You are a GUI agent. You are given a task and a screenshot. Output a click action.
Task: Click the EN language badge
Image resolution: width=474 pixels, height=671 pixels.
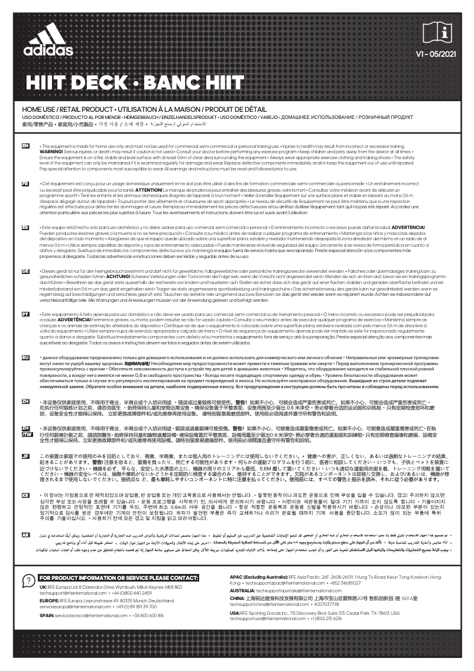coord(25,145)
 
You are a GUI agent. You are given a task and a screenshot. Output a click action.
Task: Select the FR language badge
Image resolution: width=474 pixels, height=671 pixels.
coord(25,185)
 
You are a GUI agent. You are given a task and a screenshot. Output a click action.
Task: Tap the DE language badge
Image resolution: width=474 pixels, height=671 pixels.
coord(25,271)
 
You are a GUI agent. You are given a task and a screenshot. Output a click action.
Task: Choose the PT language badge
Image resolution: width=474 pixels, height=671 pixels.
coord(25,314)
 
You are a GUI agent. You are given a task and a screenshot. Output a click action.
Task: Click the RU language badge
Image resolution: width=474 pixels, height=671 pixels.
coord(25,357)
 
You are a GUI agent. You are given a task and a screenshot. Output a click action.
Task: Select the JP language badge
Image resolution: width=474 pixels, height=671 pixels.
coord(25,456)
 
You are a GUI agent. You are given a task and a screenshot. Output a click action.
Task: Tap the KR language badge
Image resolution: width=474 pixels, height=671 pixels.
coord(25,495)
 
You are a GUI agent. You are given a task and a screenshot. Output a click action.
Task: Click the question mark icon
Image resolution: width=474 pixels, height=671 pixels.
coord(27,580)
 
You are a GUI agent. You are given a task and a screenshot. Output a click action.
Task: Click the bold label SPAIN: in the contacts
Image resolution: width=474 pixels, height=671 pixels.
coord(47,615)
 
